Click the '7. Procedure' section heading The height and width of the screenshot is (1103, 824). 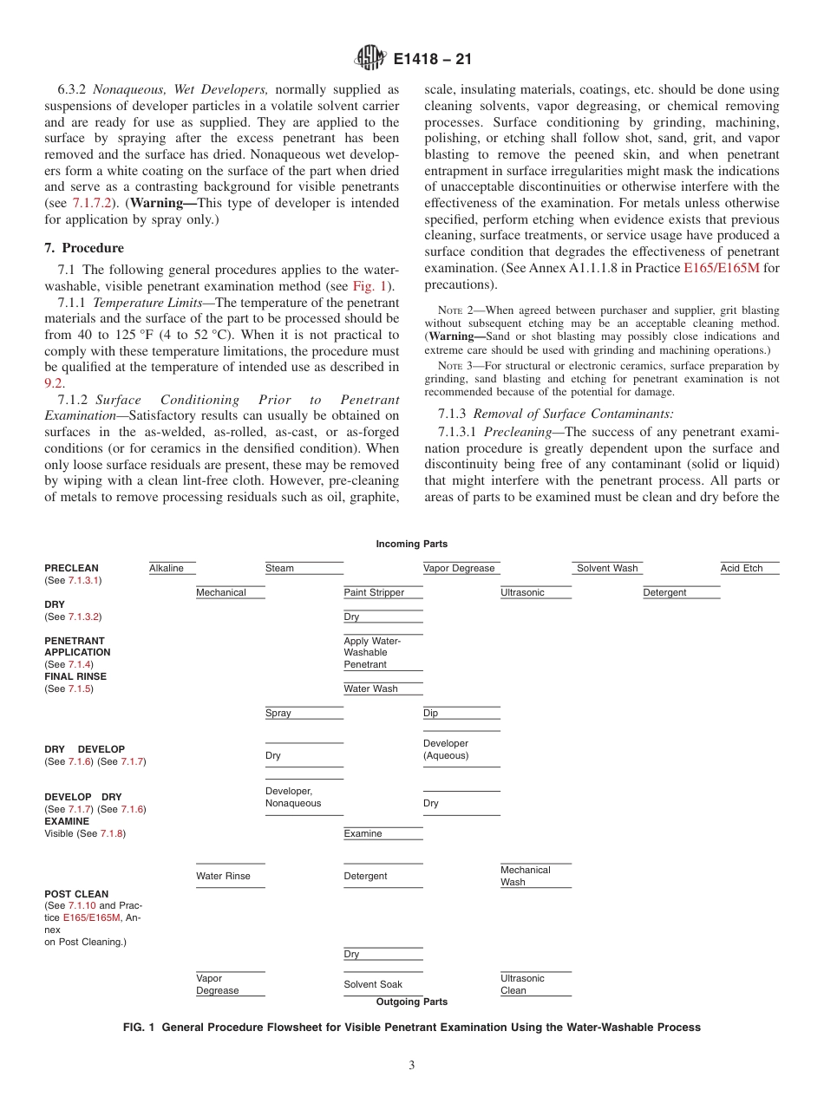[84, 248]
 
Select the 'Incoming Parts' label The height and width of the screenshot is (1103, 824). [411, 544]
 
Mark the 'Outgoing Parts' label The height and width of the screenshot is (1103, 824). [411, 1002]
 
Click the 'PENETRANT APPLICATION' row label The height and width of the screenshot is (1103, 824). [77, 647]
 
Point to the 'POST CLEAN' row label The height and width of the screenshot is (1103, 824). [76, 893]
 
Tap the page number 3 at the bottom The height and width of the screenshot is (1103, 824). [411, 1065]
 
